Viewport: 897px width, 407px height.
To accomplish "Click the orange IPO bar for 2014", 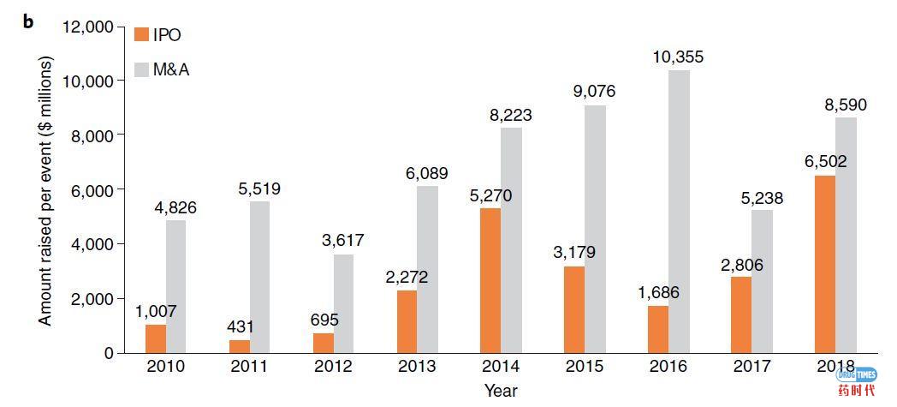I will pos(490,280).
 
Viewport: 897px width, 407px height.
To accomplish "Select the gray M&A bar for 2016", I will pos(679,211).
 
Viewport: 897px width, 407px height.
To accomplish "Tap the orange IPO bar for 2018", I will pos(824,264).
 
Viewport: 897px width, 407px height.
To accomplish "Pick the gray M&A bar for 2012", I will pos(343,303).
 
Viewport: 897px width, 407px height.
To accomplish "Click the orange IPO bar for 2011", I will pos(239,346).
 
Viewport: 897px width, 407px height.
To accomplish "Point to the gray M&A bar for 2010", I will pos(176,286).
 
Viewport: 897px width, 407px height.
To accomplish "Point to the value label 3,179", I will pos(574,252).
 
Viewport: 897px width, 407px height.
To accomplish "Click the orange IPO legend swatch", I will pos(142,34).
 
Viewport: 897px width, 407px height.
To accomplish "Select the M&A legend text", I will pos(171,69).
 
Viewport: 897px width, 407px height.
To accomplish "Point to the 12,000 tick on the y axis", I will pos(86,26).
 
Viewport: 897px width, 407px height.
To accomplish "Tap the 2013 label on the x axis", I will pos(418,367).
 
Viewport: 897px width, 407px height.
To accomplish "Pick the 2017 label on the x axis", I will pos(751,367).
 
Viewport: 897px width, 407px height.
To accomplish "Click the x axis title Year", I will pos(500,391).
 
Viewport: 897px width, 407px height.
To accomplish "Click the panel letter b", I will pos(28,21).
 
